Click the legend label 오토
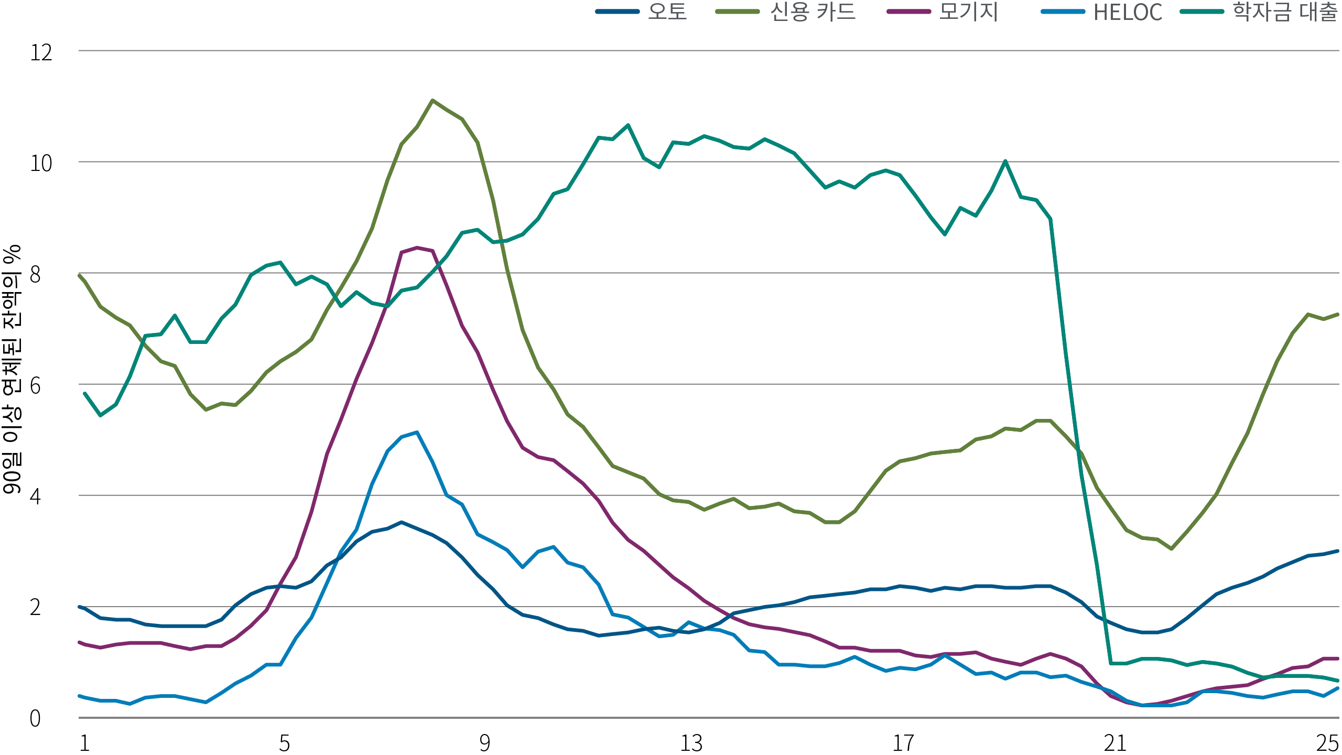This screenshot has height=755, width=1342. click(667, 12)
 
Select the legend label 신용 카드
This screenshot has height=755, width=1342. click(813, 12)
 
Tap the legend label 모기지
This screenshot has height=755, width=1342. click(968, 12)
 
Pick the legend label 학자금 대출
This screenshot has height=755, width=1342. click(1285, 12)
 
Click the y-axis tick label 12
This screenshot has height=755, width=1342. click(41, 53)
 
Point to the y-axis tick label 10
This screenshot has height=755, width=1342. click(41, 164)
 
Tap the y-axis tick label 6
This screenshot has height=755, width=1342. click(35, 386)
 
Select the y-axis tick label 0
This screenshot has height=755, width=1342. click(35, 719)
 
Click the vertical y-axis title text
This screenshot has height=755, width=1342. click(12, 369)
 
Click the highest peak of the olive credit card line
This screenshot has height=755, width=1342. click(432, 100)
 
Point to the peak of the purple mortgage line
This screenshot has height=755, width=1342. click(417, 247)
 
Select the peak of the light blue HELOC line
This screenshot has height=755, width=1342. click(417, 432)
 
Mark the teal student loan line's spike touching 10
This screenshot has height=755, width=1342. click(1005, 161)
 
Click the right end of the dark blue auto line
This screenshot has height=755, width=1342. click(1337, 551)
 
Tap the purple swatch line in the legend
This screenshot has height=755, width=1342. click(908, 12)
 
